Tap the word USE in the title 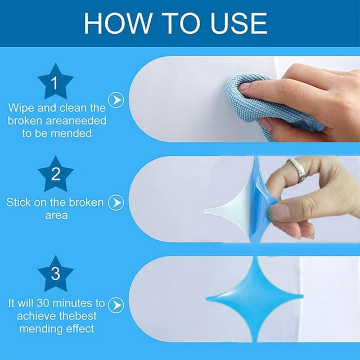[238, 23]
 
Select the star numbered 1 [55, 82]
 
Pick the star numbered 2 [55, 174]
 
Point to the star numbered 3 [55, 274]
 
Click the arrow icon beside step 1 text [116, 100]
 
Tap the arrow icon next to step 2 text [116, 202]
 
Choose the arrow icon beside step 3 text [116, 305]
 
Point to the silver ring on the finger [298, 169]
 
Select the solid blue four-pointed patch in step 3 [254, 299]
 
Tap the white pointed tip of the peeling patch [205, 211]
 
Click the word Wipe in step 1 [21, 108]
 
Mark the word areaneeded [76, 121]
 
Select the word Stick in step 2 [19, 202]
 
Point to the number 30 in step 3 [43, 303]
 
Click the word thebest [76, 316]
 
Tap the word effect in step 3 [80, 328]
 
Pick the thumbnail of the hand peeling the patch [244, 199]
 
